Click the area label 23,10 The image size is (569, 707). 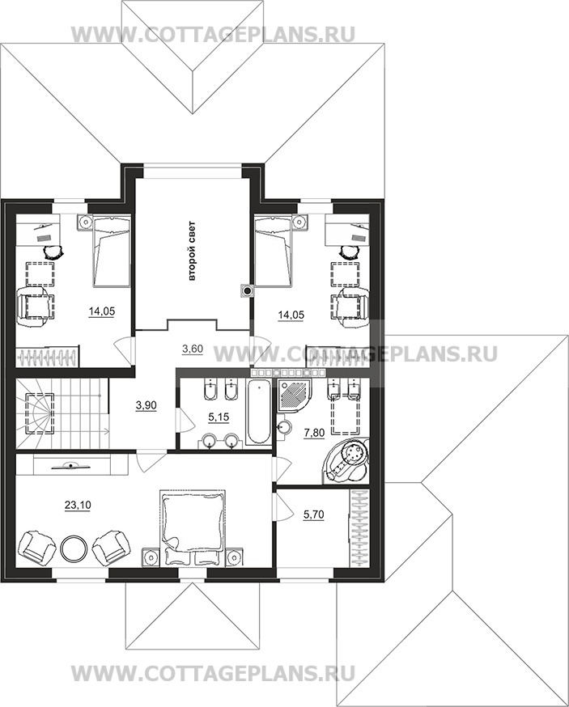point(78,506)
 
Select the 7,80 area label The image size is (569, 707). point(314,434)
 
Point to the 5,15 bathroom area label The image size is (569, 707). point(219,417)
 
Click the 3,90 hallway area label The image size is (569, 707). point(146,405)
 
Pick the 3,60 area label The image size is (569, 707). point(192,349)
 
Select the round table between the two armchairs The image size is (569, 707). point(73,548)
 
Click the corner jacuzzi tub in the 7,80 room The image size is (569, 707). point(346,462)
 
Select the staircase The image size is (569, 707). point(62,413)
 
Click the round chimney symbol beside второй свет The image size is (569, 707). point(247,291)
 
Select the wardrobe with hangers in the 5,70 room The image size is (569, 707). point(359,528)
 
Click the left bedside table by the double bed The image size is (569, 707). point(151,556)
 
